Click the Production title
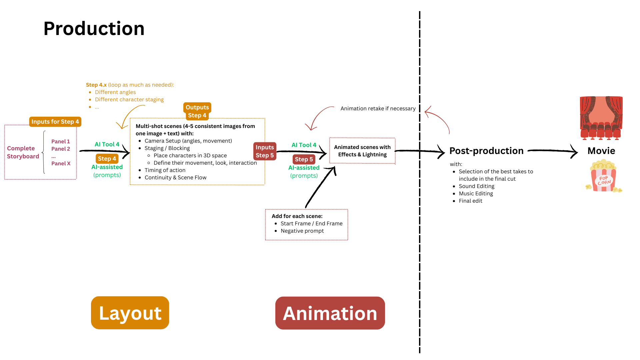point(94,29)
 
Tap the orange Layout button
point(130,313)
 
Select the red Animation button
point(330,313)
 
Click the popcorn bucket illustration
point(604,177)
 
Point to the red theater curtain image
point(601,118)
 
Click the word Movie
point(601,151)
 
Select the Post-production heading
point(486,151)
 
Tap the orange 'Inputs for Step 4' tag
point(55,122)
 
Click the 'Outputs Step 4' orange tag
point(197,111)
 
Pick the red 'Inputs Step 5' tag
point(265,151)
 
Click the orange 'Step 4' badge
point(107,159)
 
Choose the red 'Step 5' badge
point(304,159)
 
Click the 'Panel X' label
point(61,163)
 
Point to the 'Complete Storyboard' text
point(23,152)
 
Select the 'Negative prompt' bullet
point(302,231)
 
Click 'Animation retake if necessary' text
point(378,108)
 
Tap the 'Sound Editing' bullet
point(476,186)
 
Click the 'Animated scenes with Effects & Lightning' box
point(362,151)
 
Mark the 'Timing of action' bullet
point(165,170)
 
